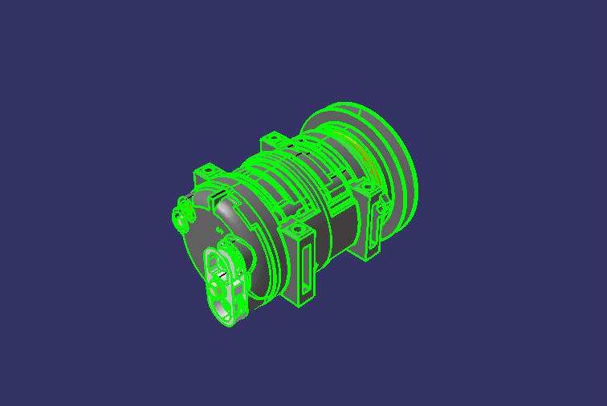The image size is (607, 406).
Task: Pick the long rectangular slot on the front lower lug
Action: tap(306, 265)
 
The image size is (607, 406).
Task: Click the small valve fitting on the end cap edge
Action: tap(180, 214)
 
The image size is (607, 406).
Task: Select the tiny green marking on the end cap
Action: tap(219, 229)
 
